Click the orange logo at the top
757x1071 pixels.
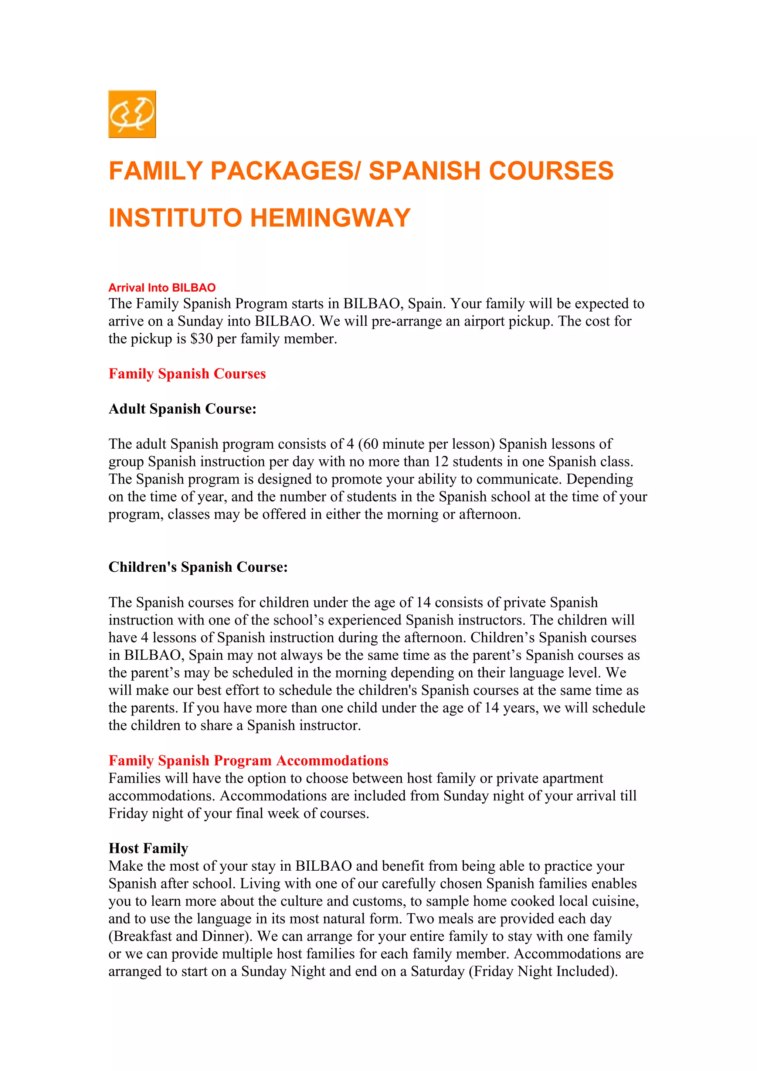(x=132, y=114)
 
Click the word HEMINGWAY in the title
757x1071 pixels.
(x=330, y=218)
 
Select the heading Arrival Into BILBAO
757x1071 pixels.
(x=162, y=288)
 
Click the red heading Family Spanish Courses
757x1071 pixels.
(x=187, y=374)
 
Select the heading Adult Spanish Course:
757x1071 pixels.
(x=182, y=409)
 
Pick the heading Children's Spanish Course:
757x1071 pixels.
(x=198, y=567)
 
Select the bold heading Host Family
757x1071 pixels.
(x=148, y=848)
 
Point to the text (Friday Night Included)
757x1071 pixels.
(x=543, y=971)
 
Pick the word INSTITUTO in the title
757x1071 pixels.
(x=175, y=218)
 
